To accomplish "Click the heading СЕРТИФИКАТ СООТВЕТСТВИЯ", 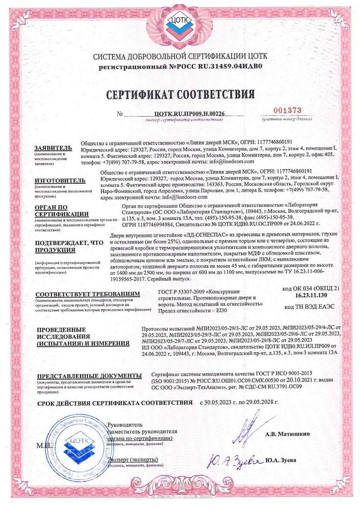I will point(180,95).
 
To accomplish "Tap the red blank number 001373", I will point(288,110).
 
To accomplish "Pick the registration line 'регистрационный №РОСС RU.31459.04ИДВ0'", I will point(180,67).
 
